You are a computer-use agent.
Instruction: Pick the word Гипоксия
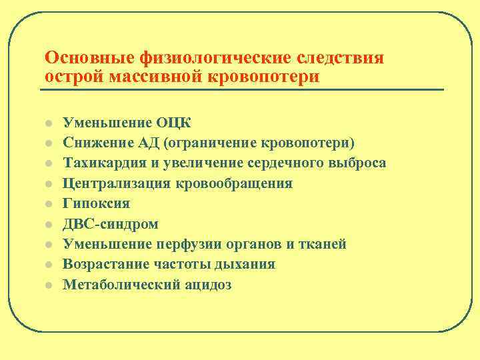96,203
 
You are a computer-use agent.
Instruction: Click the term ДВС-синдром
111,224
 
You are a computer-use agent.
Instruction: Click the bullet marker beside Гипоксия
49,204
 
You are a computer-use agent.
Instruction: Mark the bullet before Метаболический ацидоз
49,285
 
